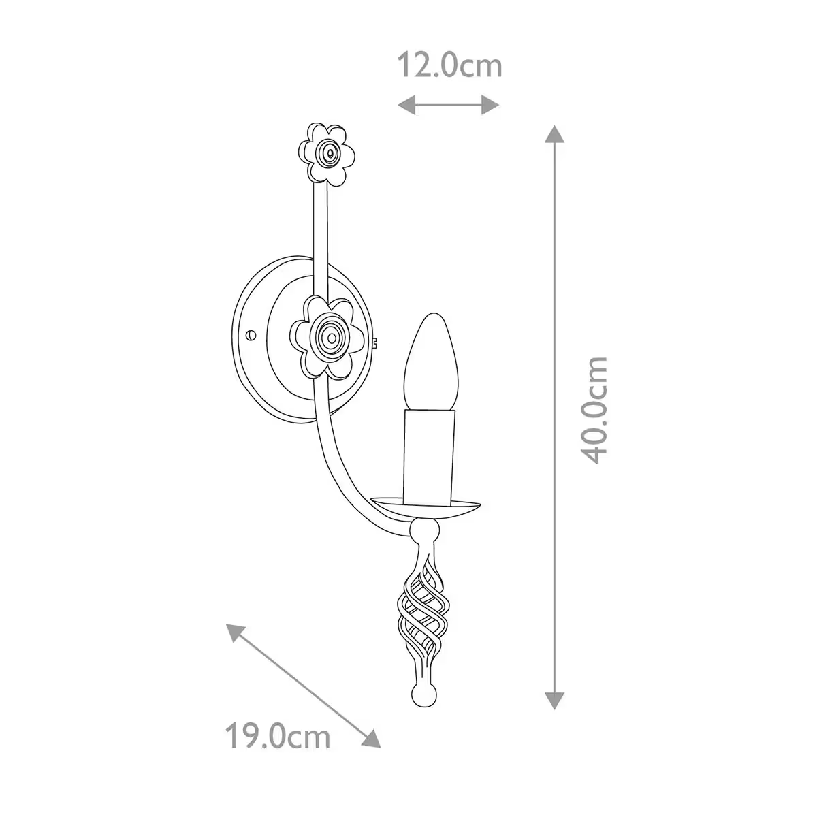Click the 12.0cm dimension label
449,66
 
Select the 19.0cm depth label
278,736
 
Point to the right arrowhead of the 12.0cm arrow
491,104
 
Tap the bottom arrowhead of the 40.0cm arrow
556,699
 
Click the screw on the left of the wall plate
251,334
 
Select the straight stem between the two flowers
321,238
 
